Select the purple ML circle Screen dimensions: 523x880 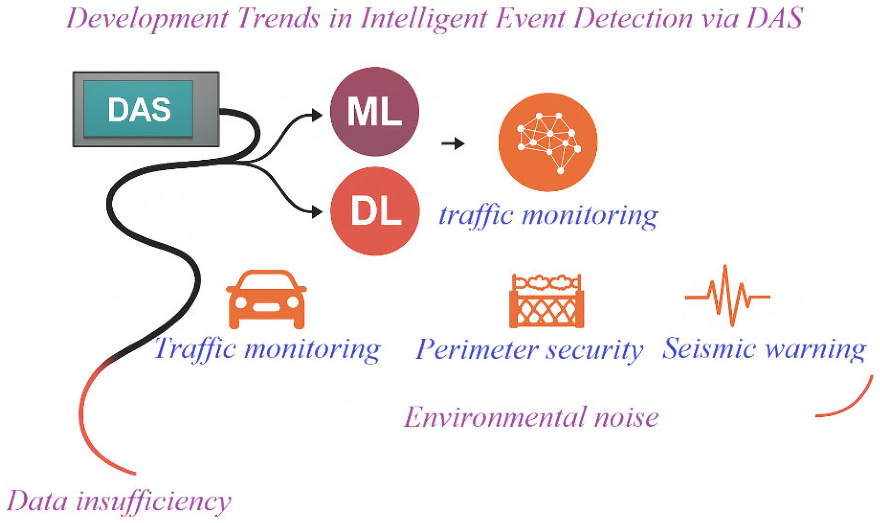point(375,112)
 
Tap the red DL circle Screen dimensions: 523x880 point(375,211)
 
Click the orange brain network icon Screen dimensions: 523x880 point(548,142)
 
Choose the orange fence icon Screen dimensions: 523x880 point(546,301)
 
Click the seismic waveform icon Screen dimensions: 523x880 point(727,296)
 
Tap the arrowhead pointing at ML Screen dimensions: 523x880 point(317,115)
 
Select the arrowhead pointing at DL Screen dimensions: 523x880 point(317,212)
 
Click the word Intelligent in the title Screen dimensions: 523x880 point(425,18)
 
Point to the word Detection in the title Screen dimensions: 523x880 point(633,18)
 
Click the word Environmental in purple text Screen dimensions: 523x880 point(493,417)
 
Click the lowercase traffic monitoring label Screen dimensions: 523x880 point(548,216)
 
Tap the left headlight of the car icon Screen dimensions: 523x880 point(241,302)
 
